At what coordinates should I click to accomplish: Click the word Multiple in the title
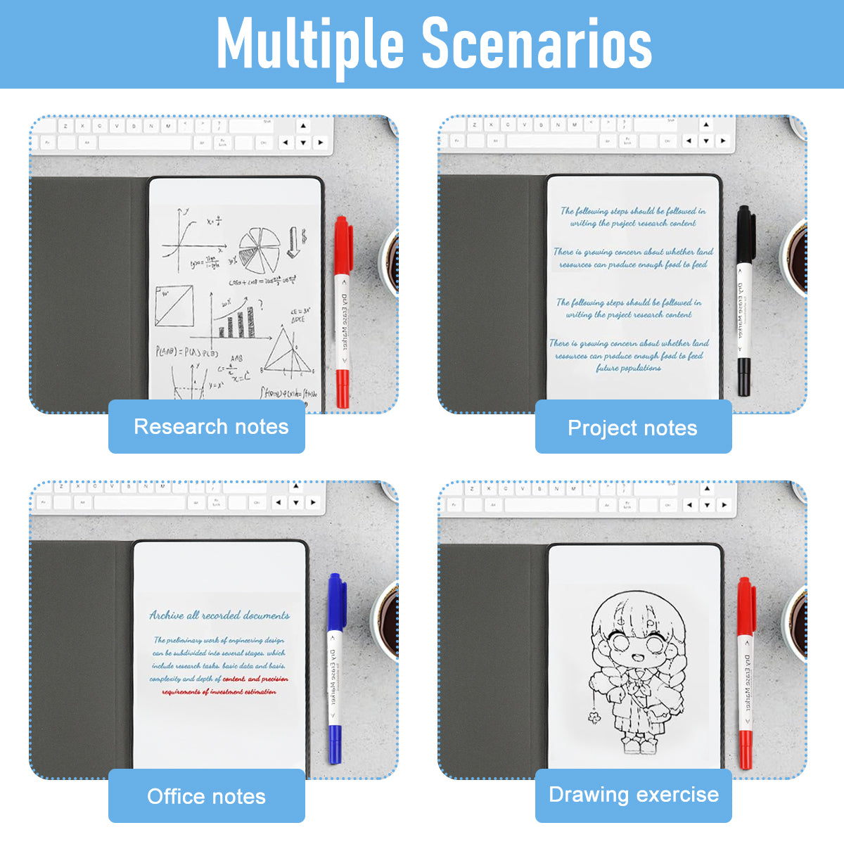310,44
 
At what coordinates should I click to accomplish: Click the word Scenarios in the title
536,44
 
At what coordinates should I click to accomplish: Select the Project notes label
633,428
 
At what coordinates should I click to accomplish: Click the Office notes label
207,796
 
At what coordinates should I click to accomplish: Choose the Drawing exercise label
633,795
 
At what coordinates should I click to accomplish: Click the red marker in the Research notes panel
343,313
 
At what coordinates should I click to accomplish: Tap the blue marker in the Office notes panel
335,668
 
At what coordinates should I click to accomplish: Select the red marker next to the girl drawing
745,672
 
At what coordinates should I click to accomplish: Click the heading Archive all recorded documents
219,615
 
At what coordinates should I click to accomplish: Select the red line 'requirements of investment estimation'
219,692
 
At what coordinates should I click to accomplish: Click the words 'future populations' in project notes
628,368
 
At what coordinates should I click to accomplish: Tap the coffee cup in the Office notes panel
385,619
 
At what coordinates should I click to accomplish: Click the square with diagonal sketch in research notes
174,306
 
